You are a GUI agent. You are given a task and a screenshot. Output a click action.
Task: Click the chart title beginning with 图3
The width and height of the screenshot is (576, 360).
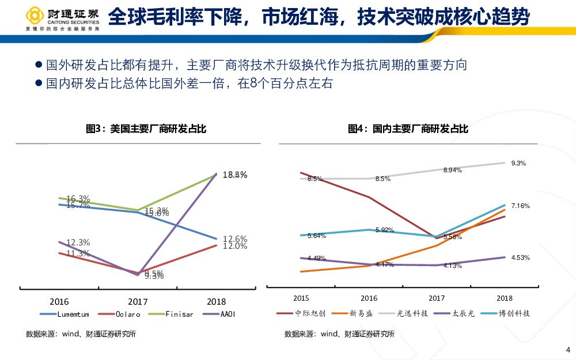click(x=146, y=129)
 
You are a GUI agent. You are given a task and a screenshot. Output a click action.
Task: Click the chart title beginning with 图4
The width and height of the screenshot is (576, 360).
click(x=408, y=129)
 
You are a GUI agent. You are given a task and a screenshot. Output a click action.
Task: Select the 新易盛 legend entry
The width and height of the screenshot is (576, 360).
click(x=361, y=314)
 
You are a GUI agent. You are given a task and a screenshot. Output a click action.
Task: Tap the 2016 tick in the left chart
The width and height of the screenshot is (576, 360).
click(x=59, y=301)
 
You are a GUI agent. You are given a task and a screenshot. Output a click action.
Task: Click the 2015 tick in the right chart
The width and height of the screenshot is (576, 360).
click(x=301, y=298)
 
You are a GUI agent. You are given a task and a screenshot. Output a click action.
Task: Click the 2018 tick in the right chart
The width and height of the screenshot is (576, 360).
click(x=505, y=298)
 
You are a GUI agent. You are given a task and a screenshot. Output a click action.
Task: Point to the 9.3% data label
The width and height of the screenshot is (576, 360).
click(x=518, y=163)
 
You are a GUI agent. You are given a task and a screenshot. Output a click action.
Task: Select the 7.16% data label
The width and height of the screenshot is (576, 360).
click(x=520, y=206)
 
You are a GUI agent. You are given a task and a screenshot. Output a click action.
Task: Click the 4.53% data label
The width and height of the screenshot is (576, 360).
click(x=520, y=257)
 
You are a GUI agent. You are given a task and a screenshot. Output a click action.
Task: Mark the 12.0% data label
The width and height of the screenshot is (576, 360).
click(x=235, y=246)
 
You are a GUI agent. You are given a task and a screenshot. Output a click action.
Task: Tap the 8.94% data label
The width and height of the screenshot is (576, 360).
click(x=452, y=170)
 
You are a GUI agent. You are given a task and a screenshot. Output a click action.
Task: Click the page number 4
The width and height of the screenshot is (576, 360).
click(x=568, y=350)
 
